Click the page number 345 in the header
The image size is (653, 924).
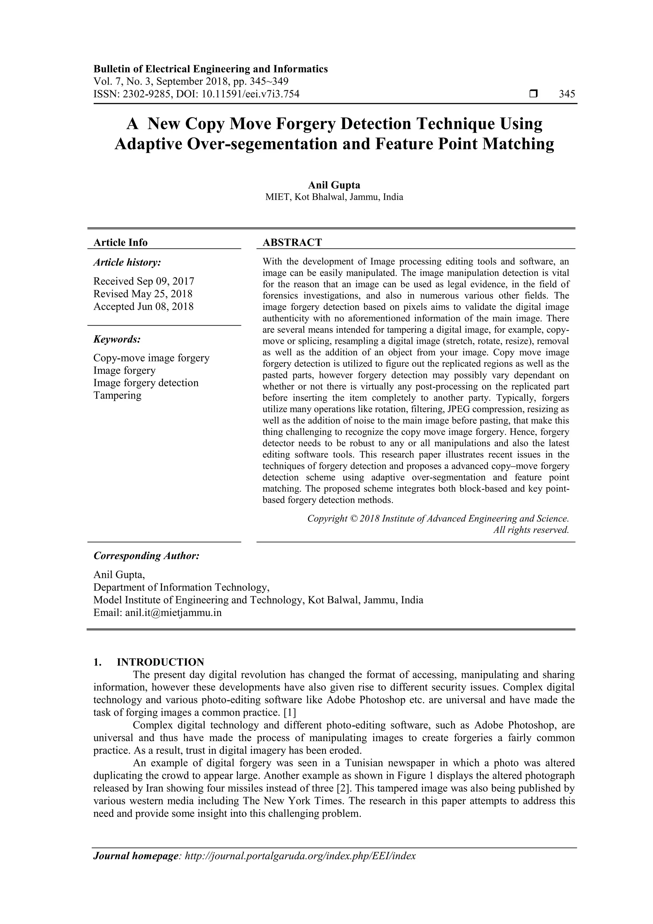coord(567,94)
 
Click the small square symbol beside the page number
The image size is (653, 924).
coord(533,94)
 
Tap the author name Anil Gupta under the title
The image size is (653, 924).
coord(334,185)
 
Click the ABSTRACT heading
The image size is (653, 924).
coord(292,242)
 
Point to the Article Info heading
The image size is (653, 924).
coord(120,242)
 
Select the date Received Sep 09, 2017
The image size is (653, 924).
coord(143,281)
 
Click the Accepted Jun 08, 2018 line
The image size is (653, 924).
coord(143,307)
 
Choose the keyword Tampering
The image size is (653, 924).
coord(117,395)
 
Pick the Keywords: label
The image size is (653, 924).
coord(117,339)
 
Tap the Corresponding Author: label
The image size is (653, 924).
coord(146,556)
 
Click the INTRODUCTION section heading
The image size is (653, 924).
coord(160,662)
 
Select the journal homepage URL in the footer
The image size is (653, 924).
coord(300,856)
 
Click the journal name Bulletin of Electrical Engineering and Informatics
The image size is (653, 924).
coord(210,69)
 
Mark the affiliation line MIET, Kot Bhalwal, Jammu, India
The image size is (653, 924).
coord(334,197)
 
